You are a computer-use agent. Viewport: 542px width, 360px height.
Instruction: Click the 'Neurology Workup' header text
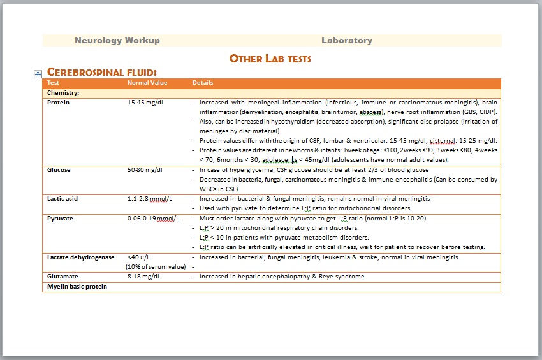coord(117,41)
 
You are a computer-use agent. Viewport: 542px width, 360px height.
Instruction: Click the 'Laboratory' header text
coord(346,41)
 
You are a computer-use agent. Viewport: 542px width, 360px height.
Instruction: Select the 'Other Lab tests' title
coord(270,59)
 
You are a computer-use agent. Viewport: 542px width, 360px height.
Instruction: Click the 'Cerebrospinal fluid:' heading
coord(102,73)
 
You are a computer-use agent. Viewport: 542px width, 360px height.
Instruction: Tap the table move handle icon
coord(38,74)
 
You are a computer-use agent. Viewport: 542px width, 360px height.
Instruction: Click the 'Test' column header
coord(54,83)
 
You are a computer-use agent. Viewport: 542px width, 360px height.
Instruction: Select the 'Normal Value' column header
coord(147,83)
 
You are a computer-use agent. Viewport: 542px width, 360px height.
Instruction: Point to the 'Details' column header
coord(203,83)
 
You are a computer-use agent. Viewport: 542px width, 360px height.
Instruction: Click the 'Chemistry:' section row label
coord(63,93)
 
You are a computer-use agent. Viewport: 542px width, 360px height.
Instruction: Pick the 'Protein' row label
coord(59,102)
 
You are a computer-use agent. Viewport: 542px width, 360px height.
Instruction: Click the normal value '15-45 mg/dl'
coord(145,102)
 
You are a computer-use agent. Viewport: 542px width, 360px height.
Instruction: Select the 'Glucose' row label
coord(59,170)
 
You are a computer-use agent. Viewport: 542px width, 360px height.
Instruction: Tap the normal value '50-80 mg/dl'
coord(145,170)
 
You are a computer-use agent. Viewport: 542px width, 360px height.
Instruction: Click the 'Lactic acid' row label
coord(62,199)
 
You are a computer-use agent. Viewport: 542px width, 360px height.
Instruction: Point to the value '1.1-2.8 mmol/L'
coord(150,199)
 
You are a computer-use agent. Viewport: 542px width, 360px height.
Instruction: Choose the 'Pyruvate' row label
coord(60,219)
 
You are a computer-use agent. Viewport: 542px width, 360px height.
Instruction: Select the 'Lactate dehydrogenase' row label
coord(80,257)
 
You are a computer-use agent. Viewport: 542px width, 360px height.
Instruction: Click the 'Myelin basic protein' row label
coord(77,287)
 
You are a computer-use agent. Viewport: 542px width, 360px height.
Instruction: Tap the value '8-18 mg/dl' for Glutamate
coord(143,277)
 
